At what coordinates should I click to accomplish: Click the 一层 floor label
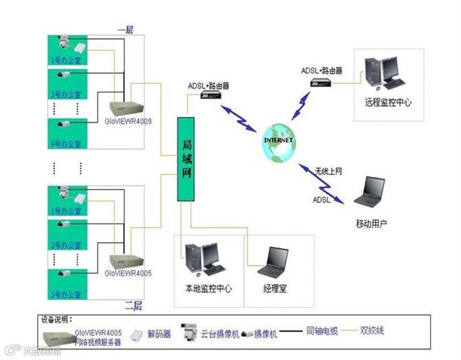pyautogui.click(x=125, y=30)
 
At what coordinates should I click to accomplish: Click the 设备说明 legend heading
pyautogui.click(x=57, y=320)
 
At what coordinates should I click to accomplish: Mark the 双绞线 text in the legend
pyautogui.click(x=375, y=331)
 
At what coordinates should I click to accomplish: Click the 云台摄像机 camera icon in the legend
pyautogui.click(x=186, y=332)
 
